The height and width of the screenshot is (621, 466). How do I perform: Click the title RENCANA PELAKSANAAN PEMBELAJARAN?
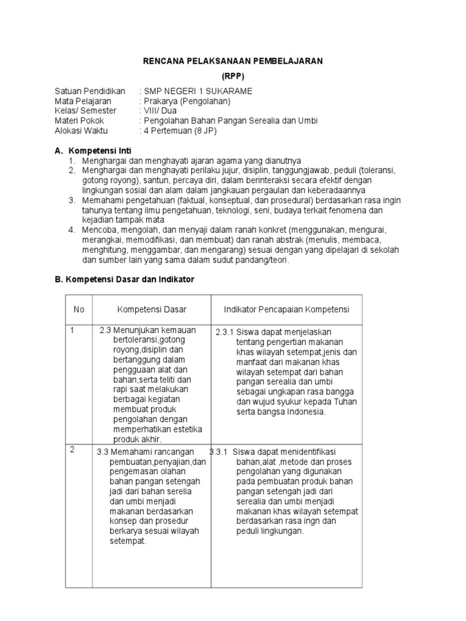pyautogui.click(x=233, y=61)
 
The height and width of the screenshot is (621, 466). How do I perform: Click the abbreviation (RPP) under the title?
pyautogui.click(x=233, y=76)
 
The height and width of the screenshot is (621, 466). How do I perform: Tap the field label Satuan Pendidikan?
pyautogui.click(x=90, y=92)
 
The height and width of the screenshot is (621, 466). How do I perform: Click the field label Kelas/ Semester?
pyautogui.click(x=85, y=111)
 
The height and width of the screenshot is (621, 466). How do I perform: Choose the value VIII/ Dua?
pyautogui.click(x=160, y=111)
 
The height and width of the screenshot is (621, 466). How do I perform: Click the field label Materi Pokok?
pyautogui.click(x=79, y=121)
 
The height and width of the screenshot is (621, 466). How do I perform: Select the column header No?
pyautogui.click(x=79, y=309)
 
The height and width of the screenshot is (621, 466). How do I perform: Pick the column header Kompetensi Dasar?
pyautogui.click(x=152, y=309)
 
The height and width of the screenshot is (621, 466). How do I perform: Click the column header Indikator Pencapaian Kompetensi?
pyautogui.click(x=286, y=309)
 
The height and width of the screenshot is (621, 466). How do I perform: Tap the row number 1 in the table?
pyautogui.click(x=72, y=331)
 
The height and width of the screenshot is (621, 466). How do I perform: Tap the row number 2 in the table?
pyautogui.click(x=72, y=449)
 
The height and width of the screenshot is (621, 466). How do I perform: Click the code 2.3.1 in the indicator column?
pyautogui.click(x=225, y=332)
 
